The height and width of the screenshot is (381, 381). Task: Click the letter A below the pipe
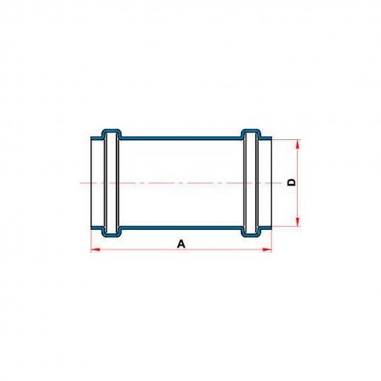[x=181, y=244]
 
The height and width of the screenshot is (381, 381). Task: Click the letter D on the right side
[x=291, y=183]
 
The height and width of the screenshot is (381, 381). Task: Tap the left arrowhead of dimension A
[x=95, y=250]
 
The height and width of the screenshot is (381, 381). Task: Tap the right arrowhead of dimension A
[x=267, y=250]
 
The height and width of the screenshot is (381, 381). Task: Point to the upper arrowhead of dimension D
[x=298, y=144]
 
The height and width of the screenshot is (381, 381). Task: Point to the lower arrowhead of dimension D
[x=298, y=221]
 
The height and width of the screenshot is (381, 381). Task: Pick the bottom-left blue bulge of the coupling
[x=112, y=232]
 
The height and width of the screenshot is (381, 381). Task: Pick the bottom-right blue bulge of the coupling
[x=251, y=232]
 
